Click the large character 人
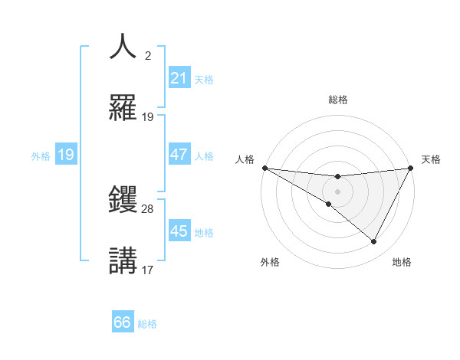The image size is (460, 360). pyautogui.click(x=123, y=47)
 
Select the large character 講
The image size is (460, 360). pyautogui.click(x=123, y=260)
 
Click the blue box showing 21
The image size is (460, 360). pyautogui.click(x=179, y=78)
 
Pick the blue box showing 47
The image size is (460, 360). pyautogui.click(x=179, y=155)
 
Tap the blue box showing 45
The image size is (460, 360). pyautogui.click(x=179, y=231)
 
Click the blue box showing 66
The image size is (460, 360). pyautogui.click(x=122, y=323)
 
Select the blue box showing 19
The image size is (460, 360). pyautogui.click(x=65, y=155)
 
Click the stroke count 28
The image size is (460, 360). pyautogui.click(x=148, y=208)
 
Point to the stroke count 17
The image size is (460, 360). pyautogui.click(x=148, y=270)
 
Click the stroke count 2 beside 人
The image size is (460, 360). pyautogui.click(x=148, y=55)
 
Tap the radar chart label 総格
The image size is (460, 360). pyautogui.click(x=338, y=100)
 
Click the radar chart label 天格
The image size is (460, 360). pyautogui.click(x=431, y=159)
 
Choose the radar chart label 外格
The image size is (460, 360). pyautogui.click(x=270, y=262)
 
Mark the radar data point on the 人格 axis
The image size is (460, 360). pyautogui.click(x=264, y=167)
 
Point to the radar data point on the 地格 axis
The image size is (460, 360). pyautogui.click(x=374, y=242)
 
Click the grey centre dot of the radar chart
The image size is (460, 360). pyautogui.click(x=337, y=191)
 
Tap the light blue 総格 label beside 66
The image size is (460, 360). pyautogui.click(x=147, y=324)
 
